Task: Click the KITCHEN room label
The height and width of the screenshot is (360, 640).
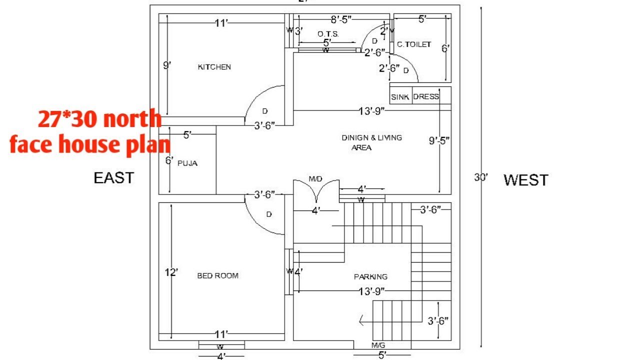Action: pyautogui.click(x=214, y=67)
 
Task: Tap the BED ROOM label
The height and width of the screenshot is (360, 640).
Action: pyautogui.click(x=217, y=275)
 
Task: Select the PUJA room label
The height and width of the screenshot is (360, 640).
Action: pyautogui.click(x=187, y=163)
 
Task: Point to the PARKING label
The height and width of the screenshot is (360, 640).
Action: pyautogui.click(x=370, y=276)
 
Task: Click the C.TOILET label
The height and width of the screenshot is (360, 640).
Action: pyautogui.click(x=413, y=44)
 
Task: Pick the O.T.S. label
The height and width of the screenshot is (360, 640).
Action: pyautogui.click(x=328, y=34)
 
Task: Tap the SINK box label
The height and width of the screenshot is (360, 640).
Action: pyautogui.click(x=400, y=97)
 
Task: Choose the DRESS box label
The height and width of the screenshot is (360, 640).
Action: pyautogui.click(x=426, y=97)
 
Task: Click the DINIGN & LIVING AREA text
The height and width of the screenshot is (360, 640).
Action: pyautogui.click(x=371, y=142)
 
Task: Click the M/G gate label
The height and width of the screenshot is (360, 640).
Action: pyautogui.click(x=378, y=345)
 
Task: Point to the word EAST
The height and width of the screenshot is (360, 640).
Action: pyautogui.click(x=114, y=178)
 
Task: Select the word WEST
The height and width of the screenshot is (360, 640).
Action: pyautogui.click(x=525, y=180)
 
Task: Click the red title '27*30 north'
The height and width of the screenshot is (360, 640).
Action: pyautogui.click(x=100, y=119)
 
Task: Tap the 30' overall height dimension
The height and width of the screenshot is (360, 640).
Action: pyautogui.click(x=480, y=177)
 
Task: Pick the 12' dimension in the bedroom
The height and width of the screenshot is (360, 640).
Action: pyautogui.click(x=171, y=272)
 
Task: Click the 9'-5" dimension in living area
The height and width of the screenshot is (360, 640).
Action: pyautogui.click(x=439, y=141)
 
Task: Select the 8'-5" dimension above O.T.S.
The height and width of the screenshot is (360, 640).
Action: pyautogui.click(x=341, y=19)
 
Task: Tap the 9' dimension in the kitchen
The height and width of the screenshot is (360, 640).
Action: pyautogui.click(x=166, y=65)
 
